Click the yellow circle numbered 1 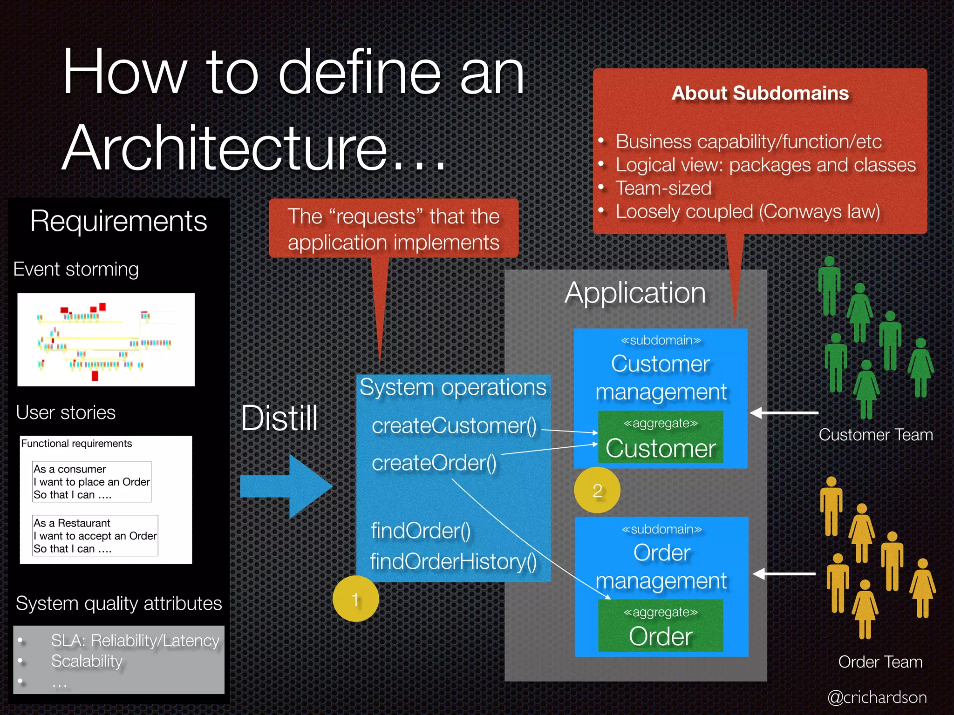(355, 599)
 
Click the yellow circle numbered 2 (597, 490)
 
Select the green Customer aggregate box (661, 438)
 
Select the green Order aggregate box (661, 626)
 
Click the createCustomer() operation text (454, 425)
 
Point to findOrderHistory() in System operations (453, 561)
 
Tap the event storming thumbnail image (106, 340)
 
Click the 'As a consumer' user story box (92, 482)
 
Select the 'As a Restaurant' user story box (95, 536)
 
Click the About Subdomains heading (760, 93)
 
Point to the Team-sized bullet (663, 188)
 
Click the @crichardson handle (877, 697)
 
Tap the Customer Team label (876, 435)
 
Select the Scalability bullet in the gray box (87, 661)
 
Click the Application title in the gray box (635, 293)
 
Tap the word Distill (279, 418)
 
